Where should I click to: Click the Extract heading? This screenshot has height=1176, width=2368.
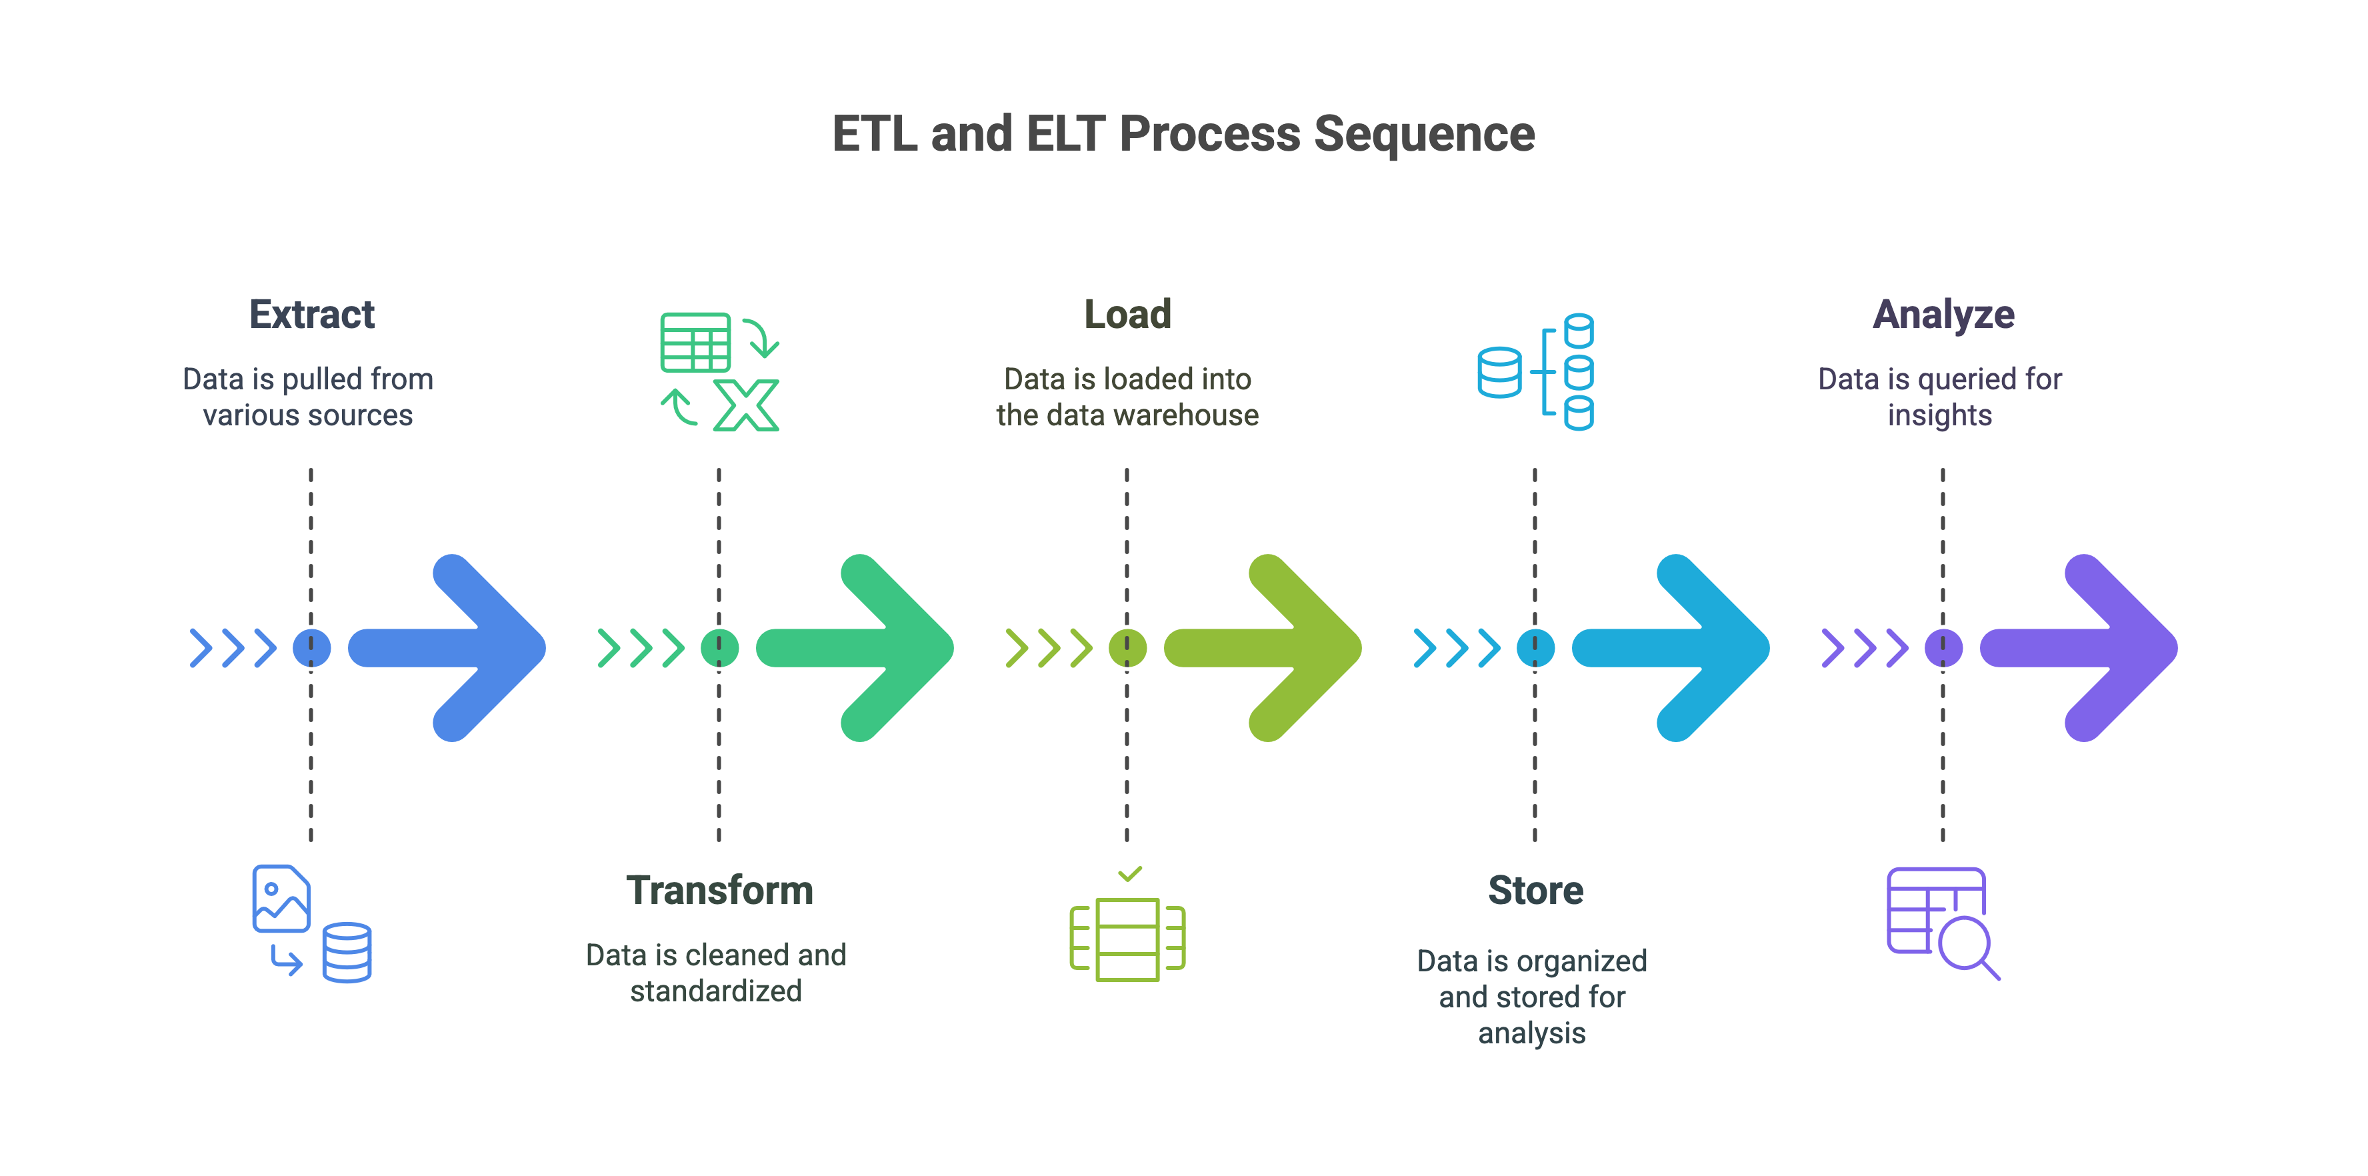(x=311, y=315)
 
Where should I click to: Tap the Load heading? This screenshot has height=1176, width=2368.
(x=1127, y=315)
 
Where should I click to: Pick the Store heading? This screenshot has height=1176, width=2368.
(x=1535, y=890)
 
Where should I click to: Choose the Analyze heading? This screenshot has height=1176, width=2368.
(x=1943, y=315)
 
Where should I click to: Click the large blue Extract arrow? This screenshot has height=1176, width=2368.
(x=459, y=647)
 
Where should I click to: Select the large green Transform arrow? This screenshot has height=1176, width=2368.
(x=868, y=647)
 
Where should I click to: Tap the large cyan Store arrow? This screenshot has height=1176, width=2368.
(x=1684, y=647)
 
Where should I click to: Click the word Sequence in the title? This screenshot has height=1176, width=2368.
(x=1424, y=134)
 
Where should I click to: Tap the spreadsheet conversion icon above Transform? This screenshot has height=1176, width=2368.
(x=719, y=371)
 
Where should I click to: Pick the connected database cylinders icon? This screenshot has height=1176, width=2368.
(x=1535, y=371)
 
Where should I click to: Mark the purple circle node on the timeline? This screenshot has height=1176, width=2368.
(x=1943, y=648)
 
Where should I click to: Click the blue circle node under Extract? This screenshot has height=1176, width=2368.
(x=311, y=648)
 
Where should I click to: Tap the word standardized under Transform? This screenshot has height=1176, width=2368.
(x=716, y=991)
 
